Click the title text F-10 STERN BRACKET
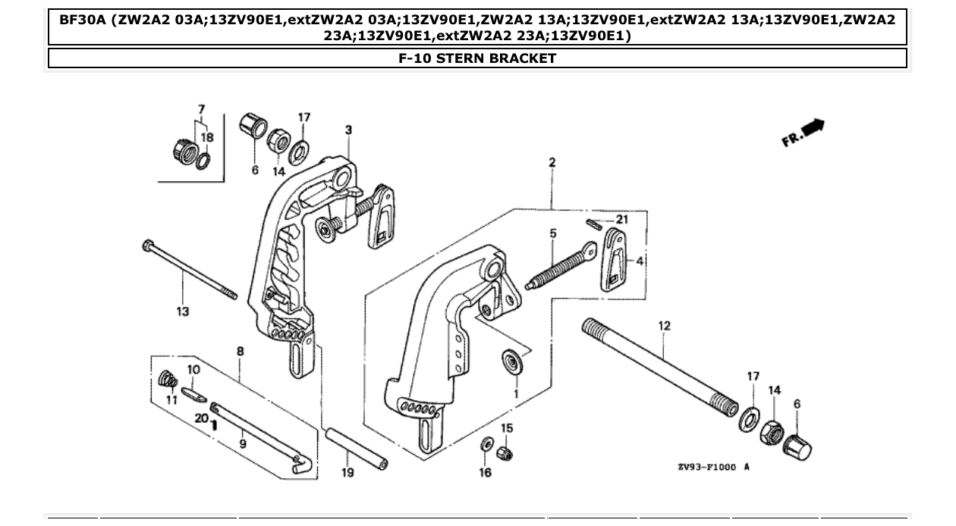click(x=477, y=58)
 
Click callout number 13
click(x=183, y=311)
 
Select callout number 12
click(x=664, y=326)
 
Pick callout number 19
click(x=347, y=474)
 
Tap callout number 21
click(x=622, y=219)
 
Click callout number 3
click(x=348, y=130)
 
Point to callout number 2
click(x=552, y=162)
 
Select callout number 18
click(x=207, y=137)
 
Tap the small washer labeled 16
click(x=485, y=443)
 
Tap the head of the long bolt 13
click(x=146, y=245)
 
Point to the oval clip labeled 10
click(x=195, y=393)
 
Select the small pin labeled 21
click(x=595, y=222)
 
